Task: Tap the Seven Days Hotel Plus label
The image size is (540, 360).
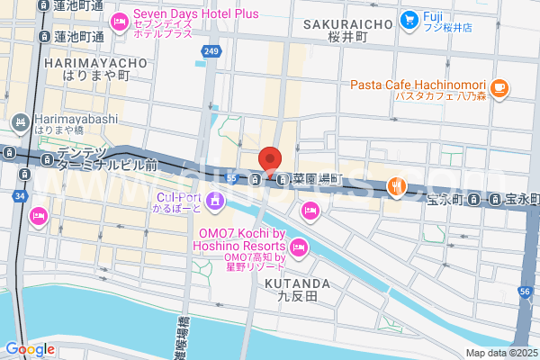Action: tap(196, 14)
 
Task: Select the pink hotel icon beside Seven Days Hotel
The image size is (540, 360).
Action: tap(119, 21)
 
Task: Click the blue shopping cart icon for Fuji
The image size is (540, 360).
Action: tap(409, 18)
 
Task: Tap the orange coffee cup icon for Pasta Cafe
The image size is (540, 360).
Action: tap(500, 88)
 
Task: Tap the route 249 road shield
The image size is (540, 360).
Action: tap(211, 52)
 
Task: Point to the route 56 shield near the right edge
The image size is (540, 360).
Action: tap(526, 292)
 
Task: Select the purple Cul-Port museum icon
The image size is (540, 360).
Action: tap(214, 200)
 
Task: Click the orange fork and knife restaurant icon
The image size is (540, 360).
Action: tap(395, 186)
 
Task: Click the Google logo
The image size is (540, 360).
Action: tap(30, 349)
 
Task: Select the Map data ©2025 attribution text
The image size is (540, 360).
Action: tap(500, 353)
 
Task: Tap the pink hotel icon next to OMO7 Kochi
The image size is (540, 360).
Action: tap(300, 246)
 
